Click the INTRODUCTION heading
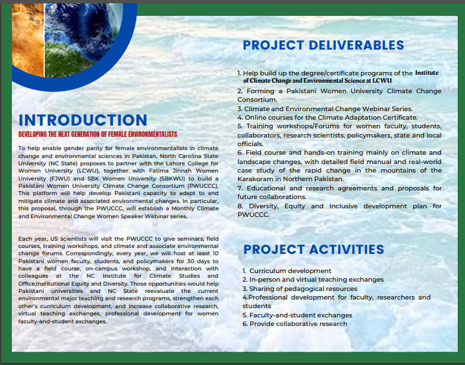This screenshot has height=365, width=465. point(83,120)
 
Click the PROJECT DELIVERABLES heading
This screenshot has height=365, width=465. point(323,45)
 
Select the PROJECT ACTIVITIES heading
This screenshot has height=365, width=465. point(314,249)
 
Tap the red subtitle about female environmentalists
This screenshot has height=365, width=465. point(98,134)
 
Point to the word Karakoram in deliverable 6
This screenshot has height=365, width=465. point(259,179)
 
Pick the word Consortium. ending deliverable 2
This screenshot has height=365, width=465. point(257,100)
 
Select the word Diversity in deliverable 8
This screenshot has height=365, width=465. point(264,206)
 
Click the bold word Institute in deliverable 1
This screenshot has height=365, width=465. point(427,73)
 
